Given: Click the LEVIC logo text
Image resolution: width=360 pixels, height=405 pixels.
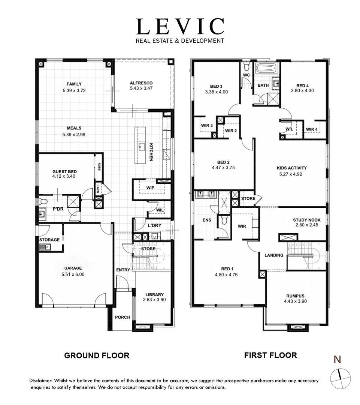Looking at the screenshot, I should pyautogui.click(x=180, y=27).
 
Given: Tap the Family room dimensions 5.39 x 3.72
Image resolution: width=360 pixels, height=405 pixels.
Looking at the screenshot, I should pyautogui.click(x=74, y=90).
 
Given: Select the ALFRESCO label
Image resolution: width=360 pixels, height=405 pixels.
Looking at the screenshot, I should pyautogui.click(x=141, y=83).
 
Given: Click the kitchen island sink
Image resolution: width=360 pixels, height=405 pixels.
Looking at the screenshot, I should pyautogui.click(x=142, y=146).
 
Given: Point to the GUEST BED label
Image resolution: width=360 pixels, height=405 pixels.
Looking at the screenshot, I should pyautogui.click(x=64, y=171).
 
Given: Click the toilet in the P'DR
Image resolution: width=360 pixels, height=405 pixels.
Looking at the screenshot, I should pyautogui.click(x=43, y=202).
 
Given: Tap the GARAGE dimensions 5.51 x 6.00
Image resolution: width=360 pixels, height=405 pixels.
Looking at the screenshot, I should pyautogui.click(x=74, y=274).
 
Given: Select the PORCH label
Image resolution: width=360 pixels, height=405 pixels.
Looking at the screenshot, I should pyautogui.click(x=122, y=317).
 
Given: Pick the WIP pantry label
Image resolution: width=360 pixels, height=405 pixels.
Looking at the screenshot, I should pyautogui.click(x=151, y=187).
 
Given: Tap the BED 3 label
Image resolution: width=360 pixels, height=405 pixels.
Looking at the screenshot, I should pyautogui.click(x=216, y=86).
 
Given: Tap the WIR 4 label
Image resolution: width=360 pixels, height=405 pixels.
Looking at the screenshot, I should pyautogui.click(x=312, y=129).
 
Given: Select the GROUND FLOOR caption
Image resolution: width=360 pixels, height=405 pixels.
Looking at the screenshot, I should pyautogui.click(x=97, y=355).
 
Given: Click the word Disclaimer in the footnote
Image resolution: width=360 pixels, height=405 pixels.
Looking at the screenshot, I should pyautogui.click(x=41, y=381).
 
